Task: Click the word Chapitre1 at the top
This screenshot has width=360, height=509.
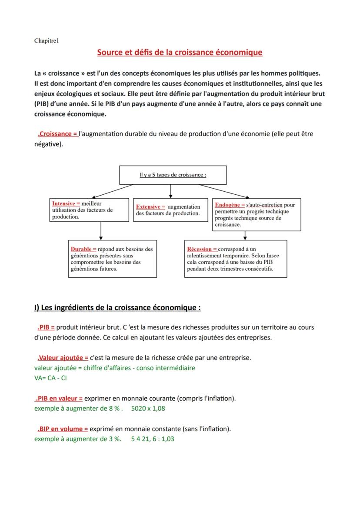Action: point(46,41)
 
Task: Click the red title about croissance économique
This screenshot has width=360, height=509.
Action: point(180,53)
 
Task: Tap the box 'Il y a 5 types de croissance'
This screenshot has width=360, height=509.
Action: point(173,175)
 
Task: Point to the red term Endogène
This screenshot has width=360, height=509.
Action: point(230,204)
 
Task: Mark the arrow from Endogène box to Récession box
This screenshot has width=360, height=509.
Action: point(245,235)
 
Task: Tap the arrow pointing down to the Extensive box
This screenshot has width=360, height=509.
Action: point(171,191)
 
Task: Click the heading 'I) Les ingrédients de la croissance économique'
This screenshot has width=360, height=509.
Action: point(117,308)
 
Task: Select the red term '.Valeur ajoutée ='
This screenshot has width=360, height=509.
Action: point(63,358)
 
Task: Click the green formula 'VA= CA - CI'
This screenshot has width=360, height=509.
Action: point(50,378)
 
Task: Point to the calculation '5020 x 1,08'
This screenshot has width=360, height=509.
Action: point(148,408)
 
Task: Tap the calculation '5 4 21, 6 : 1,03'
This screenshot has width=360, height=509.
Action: point(153,439)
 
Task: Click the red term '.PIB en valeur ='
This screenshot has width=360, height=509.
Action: point(58,398)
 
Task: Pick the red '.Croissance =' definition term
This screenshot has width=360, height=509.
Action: point(57,134)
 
